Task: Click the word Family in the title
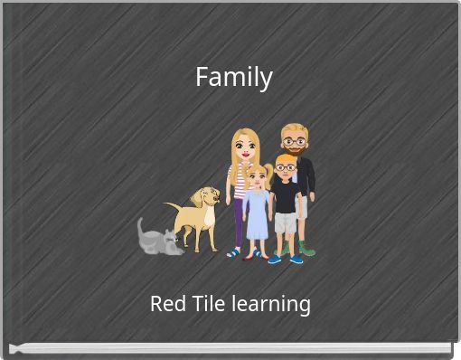233,78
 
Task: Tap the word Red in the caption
167,304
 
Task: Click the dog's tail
171,207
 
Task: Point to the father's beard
295,150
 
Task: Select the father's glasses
294,141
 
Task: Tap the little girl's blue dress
258,217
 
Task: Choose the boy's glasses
285,167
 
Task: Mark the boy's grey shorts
286,222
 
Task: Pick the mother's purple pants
239,222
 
